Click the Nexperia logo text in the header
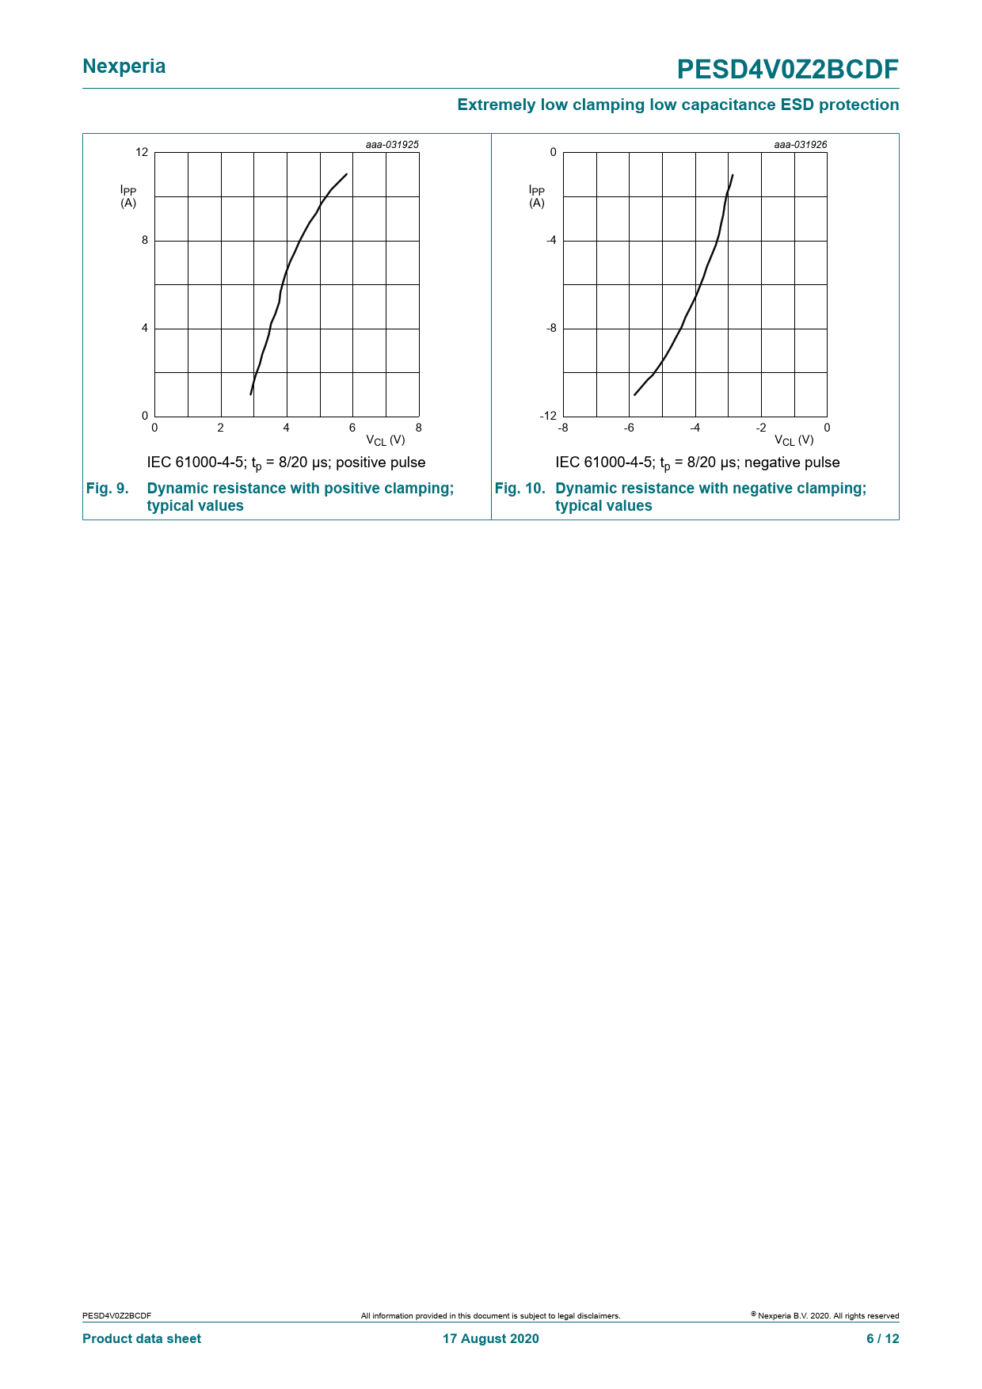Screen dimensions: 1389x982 [x=124, y=67]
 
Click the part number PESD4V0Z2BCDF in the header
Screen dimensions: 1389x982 [x=787, y=70]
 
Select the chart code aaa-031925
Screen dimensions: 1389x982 [x=392, y=145]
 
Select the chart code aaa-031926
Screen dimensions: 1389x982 [x=800, y=145]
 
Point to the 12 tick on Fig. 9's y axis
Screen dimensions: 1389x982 [x=142, y=152]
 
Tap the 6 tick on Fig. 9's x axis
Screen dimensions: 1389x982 [x=352, y=428]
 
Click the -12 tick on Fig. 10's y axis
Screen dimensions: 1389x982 [x=549, y=416]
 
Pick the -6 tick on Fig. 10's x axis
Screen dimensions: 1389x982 [x=629, y=428]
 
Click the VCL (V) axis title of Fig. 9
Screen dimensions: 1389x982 [x=386, y=440]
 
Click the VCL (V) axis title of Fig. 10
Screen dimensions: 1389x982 [x=794, y=440]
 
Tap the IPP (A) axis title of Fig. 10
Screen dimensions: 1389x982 [x=537, y=196]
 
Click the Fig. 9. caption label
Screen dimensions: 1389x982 [x=107, y=489]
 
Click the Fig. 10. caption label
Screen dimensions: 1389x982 [x=520, y=489]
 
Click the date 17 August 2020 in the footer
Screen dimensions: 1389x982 [x=490, y=1338]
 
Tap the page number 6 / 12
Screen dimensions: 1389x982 [x=882, y=1338]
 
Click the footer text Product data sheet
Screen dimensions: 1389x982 [x=142, y=1338]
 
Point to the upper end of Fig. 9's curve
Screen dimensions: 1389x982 [x=347, y=173]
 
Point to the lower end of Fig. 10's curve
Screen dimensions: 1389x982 [x=634, y=395]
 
